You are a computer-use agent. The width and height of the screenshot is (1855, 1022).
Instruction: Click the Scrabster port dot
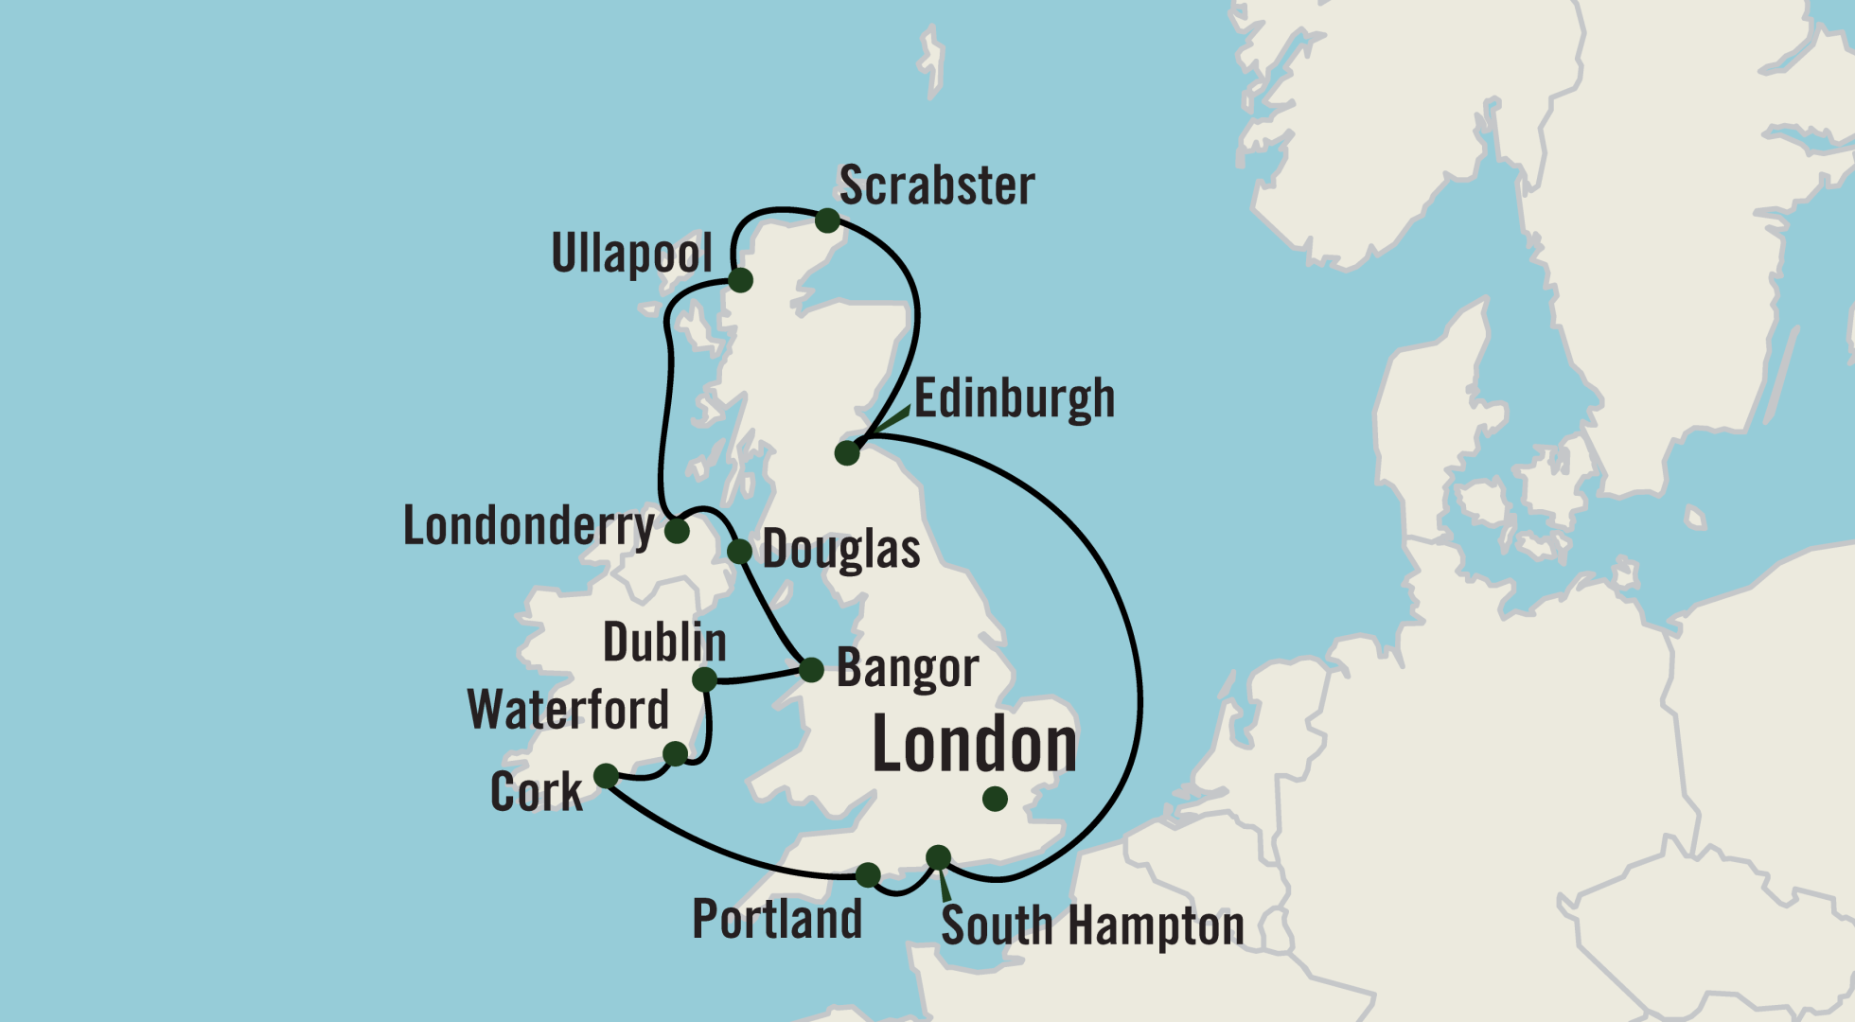[827, 220]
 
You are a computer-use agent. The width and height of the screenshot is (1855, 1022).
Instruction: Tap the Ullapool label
[632, 254]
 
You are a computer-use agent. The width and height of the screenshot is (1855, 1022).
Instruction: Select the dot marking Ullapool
[740, 280]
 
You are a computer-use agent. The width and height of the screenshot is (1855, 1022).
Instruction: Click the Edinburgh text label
[1014, 398]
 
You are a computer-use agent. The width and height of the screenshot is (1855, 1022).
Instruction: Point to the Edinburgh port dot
[847, 453]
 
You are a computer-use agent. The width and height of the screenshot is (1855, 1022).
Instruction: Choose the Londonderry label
[529, 525]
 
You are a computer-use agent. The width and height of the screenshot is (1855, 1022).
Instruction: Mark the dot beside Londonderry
[677, 531]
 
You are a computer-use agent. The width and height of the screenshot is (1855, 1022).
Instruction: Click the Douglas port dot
[739, 551]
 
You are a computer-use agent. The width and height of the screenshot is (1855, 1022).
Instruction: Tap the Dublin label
[664, 643]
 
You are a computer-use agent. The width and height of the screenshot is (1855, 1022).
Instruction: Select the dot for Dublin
[704, 679]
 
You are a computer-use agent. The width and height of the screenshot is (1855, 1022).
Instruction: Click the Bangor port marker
[812, 670]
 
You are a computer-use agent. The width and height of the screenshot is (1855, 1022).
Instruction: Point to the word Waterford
[568, 710]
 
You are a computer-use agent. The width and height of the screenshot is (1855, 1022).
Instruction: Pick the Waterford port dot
[675, 754]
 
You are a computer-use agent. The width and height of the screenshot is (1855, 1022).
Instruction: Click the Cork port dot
[606, 776]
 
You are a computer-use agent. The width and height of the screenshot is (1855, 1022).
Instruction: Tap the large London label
[974, 745]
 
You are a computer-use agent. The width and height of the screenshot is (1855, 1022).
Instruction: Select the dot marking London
[995, 799]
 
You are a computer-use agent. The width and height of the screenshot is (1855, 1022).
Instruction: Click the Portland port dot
[868, 874]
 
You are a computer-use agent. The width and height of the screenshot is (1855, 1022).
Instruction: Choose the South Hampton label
[1092, 925]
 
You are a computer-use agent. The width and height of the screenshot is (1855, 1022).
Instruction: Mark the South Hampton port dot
[938, 857]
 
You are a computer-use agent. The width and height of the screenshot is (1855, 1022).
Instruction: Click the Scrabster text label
[936, 185]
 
